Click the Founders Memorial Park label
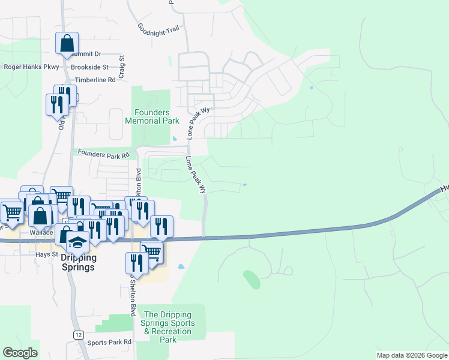pyautogui.click(x=152, y=116)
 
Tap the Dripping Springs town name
pyautogui.click(x=78, y=263)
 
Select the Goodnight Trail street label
pyautogui.click(x=158, y=28)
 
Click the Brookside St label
pyautogui.click(x=89, y=67)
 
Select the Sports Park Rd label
pyautogui.click(x=109, y=343)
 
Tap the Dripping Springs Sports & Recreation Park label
pyautogui.click(x=167, y=327)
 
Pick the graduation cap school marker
pyautogui.click(x=78, y=242)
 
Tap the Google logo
pyautogui.click(x=20, y=353)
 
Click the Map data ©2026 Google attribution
pyautogui.click(x=412, y=355)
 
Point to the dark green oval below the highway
pyautogui.click(x=252, y=279)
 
